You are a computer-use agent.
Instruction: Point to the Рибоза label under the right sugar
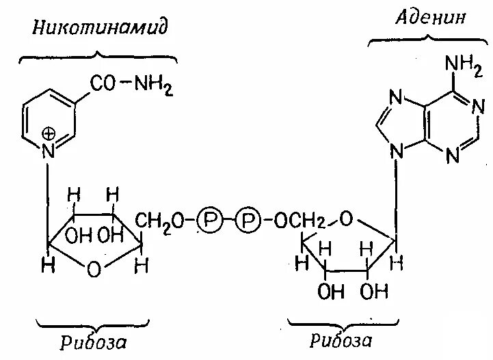[x=340, y=340]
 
